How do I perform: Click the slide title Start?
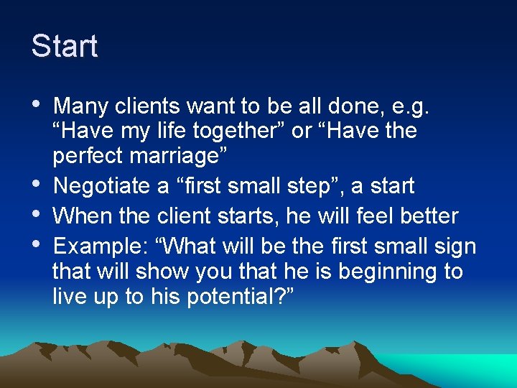pos(65,47)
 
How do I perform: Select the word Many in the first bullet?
pos(77,107)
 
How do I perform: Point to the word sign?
pos(454,246)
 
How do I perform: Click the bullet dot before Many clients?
pos(37,106)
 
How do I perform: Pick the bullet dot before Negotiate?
pos(37,185)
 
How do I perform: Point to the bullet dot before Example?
pos(37,244)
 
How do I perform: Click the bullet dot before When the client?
pos(37,214)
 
